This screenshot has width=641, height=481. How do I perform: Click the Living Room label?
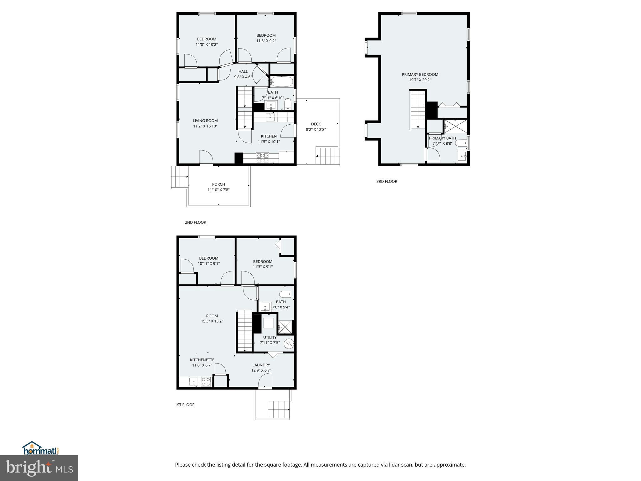pos(205,121)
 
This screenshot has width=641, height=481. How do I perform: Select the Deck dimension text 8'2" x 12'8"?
pos(316,129)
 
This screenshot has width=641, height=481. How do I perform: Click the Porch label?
pos(218,184)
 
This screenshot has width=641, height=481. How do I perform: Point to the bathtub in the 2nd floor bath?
pos(281,82)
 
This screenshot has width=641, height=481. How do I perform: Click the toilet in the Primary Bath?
pos(461,143)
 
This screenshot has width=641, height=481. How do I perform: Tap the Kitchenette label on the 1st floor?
pos(202,360)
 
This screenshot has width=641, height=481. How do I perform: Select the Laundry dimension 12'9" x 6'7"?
pos(261,370)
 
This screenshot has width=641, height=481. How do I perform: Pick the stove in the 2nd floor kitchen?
pos(263,158)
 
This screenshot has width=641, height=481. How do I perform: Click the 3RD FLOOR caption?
pos(387,181)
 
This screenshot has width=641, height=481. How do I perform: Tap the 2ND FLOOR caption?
pos(195,222)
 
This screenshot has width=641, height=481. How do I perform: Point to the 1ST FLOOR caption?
pos(185,405)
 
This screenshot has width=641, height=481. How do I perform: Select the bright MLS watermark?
pos(39,468)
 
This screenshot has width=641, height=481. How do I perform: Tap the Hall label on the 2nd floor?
pos(243,71)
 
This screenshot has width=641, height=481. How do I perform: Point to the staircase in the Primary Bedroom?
pos(418,109)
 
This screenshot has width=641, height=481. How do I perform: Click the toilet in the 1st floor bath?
pos(285,294)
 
